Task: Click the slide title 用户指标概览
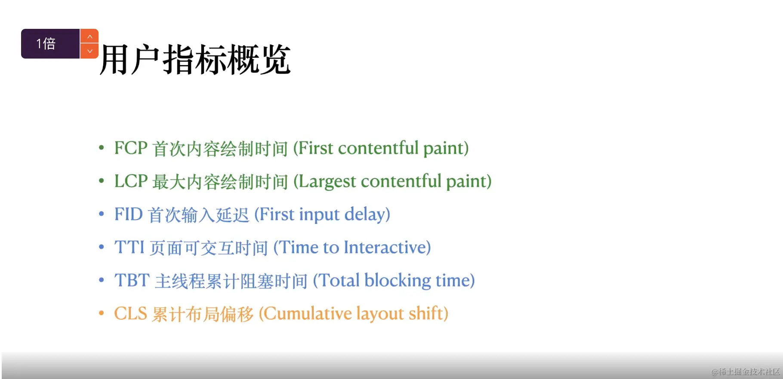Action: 195,59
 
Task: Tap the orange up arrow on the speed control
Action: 89,36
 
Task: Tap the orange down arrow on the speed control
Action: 89,51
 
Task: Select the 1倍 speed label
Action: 46,43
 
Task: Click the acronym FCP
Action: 131,148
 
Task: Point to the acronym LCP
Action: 131,181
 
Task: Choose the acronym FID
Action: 128,214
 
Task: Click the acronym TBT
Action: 132,281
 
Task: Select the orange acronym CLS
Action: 130,314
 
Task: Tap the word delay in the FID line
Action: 364,215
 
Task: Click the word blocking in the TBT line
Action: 398,281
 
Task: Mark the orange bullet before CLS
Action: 102,313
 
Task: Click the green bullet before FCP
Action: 102,148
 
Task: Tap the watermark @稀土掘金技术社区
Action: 746,372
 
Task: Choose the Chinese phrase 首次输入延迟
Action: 199,215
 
